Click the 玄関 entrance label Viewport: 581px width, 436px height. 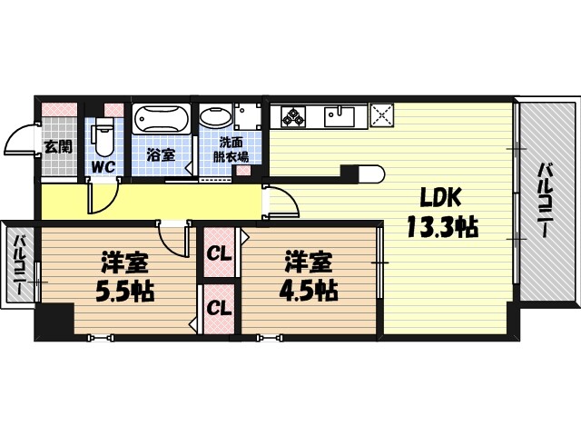(x=58, y=147)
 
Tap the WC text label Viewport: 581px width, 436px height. (x=103, y=167)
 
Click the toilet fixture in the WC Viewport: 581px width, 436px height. (x=103, y=137)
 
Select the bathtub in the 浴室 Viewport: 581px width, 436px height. (x=162, y=119)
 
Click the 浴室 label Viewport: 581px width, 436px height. (x=161, y=155)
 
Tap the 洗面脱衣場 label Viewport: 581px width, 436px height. (x=231, y=149)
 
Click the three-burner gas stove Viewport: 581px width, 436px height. (x=293, y=116)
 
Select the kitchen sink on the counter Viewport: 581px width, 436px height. (x=340, y=116)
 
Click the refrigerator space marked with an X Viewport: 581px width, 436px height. (x=381, y=115)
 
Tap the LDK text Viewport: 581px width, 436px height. (x=440, y=198)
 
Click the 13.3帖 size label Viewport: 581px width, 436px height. (x=442, y=226)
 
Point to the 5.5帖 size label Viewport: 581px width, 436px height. (x=125, y=291)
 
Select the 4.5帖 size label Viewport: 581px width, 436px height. (x=309, y=291)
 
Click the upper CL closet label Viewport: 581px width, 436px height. (x=219, y=254)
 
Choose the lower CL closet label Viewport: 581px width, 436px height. (x=219, y=308)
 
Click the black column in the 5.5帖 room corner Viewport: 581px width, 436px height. (x=54, y=320)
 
